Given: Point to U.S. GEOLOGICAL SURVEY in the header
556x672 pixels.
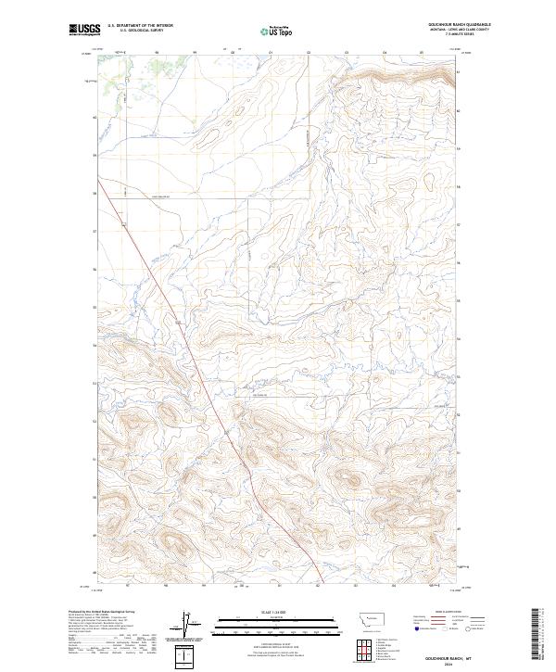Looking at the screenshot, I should pos(137,32).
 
